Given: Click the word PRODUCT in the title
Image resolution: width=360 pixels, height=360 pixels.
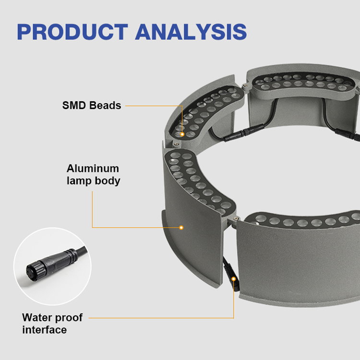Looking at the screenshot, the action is click(x=72, y=32).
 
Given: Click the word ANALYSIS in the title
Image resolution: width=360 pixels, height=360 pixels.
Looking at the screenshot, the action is click(x=191, y=32).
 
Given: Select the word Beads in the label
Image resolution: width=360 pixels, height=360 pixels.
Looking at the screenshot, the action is click(x=105, y=106).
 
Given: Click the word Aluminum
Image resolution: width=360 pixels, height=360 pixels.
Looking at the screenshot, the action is click(x=93, y=168).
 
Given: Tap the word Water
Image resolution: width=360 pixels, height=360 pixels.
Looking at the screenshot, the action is click(x=37, y=318).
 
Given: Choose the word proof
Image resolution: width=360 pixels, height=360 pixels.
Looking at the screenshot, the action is click(x=69, y=318).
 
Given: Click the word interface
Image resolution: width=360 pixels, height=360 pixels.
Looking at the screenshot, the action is click(x=45, y=330).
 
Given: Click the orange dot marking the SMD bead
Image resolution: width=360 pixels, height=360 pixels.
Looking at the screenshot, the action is click(x=182, y=134).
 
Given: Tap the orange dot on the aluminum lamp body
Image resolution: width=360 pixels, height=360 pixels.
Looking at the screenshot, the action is click(x=181, y=228).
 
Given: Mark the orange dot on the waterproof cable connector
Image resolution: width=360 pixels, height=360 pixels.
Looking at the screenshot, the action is click(x=233, y=279).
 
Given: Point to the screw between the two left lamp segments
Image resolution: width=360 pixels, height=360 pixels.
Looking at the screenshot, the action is click(x=176, y=144).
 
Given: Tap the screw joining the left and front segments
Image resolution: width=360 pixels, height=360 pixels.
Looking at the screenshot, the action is click(x=235, y=218).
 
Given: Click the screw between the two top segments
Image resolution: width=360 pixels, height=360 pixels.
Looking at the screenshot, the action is click(x=245, y=85).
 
